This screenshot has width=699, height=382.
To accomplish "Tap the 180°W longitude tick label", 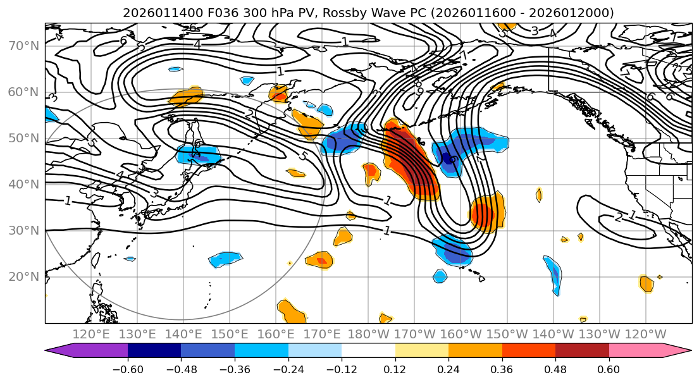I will tap(369, 333).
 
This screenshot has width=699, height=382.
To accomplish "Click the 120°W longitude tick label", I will tap(645, 333).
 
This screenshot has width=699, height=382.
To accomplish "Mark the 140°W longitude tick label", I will tap(554, 333).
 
